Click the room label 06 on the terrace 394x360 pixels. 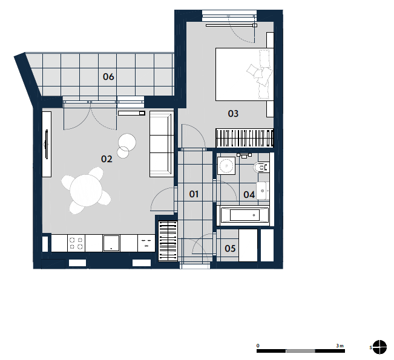108,77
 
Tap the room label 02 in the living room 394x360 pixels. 107,159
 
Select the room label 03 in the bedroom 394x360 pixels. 233,114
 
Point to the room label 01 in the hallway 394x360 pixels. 194,194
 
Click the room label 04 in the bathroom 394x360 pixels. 249,194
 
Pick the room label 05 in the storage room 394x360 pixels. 230,249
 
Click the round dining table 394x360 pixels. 86,191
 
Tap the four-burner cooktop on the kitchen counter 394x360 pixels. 76,243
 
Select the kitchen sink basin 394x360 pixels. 111,243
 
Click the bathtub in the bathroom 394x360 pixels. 243,215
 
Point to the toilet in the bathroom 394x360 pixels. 261,167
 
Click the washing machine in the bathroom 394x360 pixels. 226,166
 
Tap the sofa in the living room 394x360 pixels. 162,144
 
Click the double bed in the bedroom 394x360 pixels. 245,74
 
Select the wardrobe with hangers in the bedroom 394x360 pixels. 245,138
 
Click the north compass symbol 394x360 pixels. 379,347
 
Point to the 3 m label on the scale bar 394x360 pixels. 340,345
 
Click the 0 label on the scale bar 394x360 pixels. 258,345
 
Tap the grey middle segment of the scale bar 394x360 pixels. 301,351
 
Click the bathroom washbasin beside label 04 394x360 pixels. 263,191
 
